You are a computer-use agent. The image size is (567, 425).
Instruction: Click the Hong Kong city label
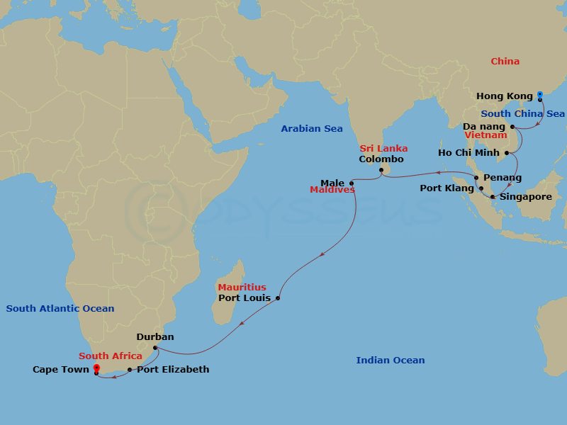tap(504, 96)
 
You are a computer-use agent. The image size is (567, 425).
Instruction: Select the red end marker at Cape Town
tap(96, 368)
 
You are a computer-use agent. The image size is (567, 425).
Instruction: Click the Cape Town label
tap(60, 369)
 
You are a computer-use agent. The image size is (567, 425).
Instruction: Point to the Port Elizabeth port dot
tap(130, 370)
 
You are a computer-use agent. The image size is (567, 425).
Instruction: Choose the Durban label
tap(155, 337)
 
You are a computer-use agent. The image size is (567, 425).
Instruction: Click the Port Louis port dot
tap(277, 298)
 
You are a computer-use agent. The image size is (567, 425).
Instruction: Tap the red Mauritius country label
tap(242, 287)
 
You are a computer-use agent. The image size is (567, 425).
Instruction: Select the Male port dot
tap(352, 183)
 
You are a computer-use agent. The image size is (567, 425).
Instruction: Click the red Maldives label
tap(332, 190)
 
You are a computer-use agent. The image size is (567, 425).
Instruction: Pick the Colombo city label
tap(381, 159)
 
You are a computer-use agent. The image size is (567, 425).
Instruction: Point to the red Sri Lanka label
tap(383, 148)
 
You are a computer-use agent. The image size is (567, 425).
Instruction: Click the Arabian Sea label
tap(312, 129)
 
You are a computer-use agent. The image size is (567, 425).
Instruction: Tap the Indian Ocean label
tap(391, 361)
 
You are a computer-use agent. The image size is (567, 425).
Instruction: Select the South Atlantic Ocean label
tap(60, 308)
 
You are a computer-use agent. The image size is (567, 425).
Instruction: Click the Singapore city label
tap(525, 197)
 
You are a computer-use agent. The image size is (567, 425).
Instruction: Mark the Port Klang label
tap(447, 188)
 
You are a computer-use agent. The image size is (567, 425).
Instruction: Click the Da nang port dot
tap(512, 127)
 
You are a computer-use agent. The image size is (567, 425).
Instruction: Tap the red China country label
tap(505, 62)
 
